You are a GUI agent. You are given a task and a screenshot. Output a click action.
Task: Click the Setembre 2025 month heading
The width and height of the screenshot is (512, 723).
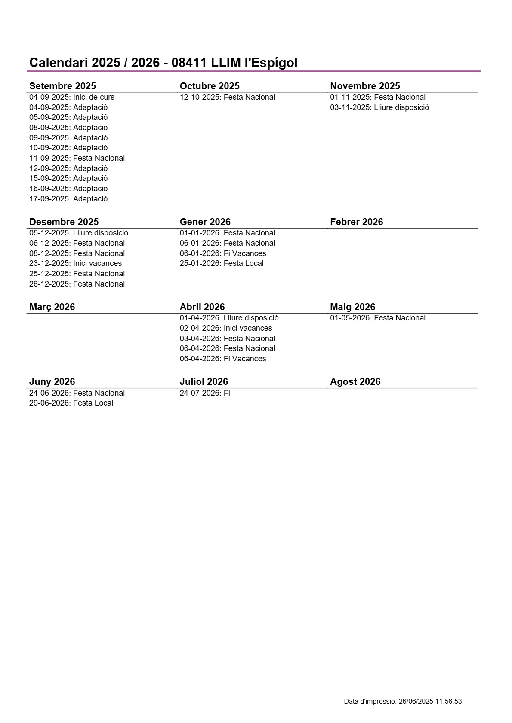[63, 86]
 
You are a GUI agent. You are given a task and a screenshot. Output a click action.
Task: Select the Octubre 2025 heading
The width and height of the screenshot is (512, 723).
[210, 86]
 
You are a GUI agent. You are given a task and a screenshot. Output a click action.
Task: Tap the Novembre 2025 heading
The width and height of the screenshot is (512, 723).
[365, 86]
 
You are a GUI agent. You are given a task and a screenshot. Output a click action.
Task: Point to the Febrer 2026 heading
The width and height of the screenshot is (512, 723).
[356, 222]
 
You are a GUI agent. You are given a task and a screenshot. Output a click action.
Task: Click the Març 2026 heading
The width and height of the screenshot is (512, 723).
[52, 307]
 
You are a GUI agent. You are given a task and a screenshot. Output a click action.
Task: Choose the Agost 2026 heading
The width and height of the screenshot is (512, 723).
[355, 381]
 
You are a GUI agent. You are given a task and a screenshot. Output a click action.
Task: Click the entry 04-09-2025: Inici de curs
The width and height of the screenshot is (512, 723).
[72, 97]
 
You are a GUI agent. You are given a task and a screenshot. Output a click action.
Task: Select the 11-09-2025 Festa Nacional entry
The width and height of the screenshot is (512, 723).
[77, 158]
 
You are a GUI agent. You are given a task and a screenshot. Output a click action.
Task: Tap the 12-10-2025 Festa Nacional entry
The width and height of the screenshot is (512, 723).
[227, 97]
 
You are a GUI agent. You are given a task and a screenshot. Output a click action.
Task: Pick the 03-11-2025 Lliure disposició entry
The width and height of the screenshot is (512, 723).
[379, 107]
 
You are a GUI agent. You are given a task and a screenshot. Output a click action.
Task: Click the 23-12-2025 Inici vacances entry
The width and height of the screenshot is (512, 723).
[75, 263]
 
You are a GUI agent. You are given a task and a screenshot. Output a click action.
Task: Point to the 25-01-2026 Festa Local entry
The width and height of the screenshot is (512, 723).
[222, 263]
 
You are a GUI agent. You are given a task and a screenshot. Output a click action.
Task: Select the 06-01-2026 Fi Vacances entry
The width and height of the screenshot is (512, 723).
[223, 253]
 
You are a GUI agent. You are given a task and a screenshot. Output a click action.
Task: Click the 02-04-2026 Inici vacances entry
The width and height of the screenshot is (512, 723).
[226, 328]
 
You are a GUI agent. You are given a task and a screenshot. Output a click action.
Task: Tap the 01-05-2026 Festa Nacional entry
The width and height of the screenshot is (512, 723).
[378, 318]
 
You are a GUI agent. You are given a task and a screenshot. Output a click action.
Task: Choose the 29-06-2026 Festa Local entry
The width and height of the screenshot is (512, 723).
[71, 403]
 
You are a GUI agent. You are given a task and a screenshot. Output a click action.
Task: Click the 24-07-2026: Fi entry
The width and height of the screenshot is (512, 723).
[205, 393]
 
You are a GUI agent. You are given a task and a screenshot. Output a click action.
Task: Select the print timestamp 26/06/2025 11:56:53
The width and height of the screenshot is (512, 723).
[430, 702]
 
